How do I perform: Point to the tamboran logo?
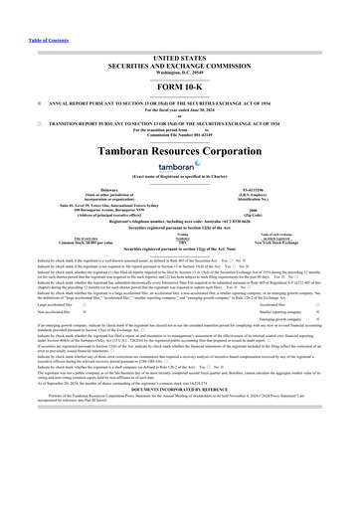[180, 166]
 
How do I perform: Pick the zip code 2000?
[285, 210]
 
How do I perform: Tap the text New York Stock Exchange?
[284, 243]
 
